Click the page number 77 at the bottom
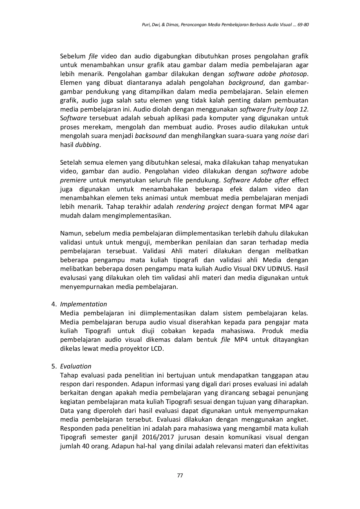[180, 476]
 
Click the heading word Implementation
[83, 304]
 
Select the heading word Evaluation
[75, 366]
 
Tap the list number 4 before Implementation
[53, 304]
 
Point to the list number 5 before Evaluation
[53, 366]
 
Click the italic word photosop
[293, 74]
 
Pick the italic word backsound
[150, 136]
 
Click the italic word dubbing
[87, 145]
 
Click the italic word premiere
[73, 180]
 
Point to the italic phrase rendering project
[202, 207]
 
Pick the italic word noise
[287, 136]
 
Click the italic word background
[246, 82]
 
